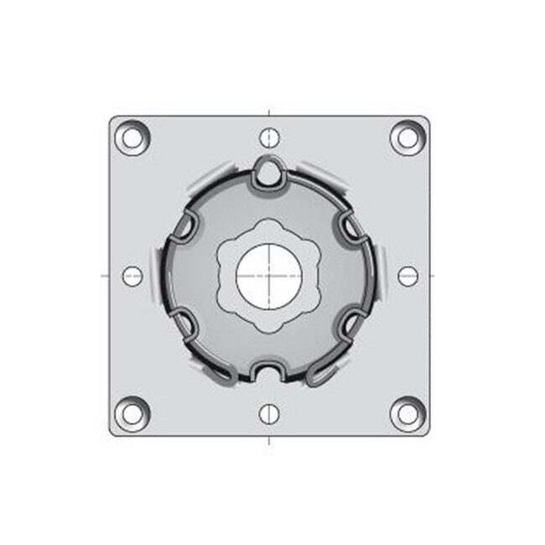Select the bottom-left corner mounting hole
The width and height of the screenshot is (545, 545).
point(132,413)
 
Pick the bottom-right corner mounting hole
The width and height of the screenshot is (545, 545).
point(407,413)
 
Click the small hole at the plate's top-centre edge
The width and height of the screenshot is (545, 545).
point(268,137)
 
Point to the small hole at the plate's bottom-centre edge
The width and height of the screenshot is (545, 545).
point(268,413)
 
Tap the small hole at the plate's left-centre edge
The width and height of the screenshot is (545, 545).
point(132,276)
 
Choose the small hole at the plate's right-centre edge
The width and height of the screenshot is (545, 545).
point(407,276)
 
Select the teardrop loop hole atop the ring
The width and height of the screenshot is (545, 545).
point(269,171)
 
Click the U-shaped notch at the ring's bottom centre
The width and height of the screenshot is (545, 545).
point(270,370)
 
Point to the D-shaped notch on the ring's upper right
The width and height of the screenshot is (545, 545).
point(350,224)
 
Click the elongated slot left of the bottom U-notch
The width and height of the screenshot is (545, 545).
point(220,374)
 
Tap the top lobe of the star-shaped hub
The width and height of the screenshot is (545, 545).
point(269,227)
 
